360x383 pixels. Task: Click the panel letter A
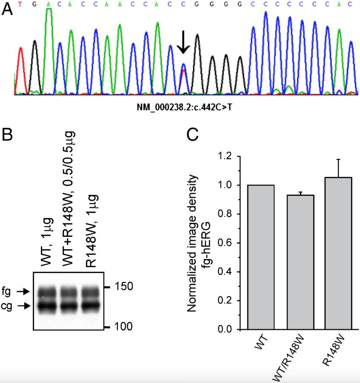point(7,9)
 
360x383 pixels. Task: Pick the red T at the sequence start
point(20,4)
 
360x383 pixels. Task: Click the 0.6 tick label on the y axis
point(226,243)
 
